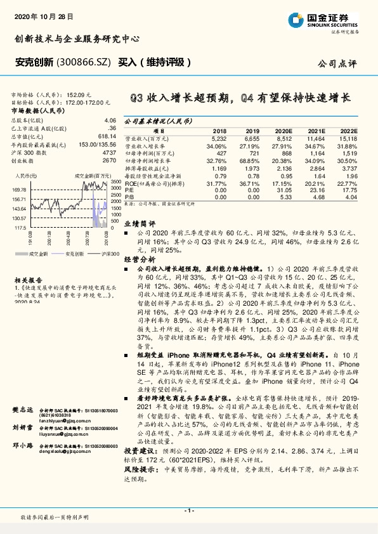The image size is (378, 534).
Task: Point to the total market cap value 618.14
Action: pos(107,136)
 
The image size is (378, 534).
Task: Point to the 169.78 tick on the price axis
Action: pos(18,189)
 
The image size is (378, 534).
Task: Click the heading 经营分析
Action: pos(139,259)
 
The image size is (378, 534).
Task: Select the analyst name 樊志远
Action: pos(22,412)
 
